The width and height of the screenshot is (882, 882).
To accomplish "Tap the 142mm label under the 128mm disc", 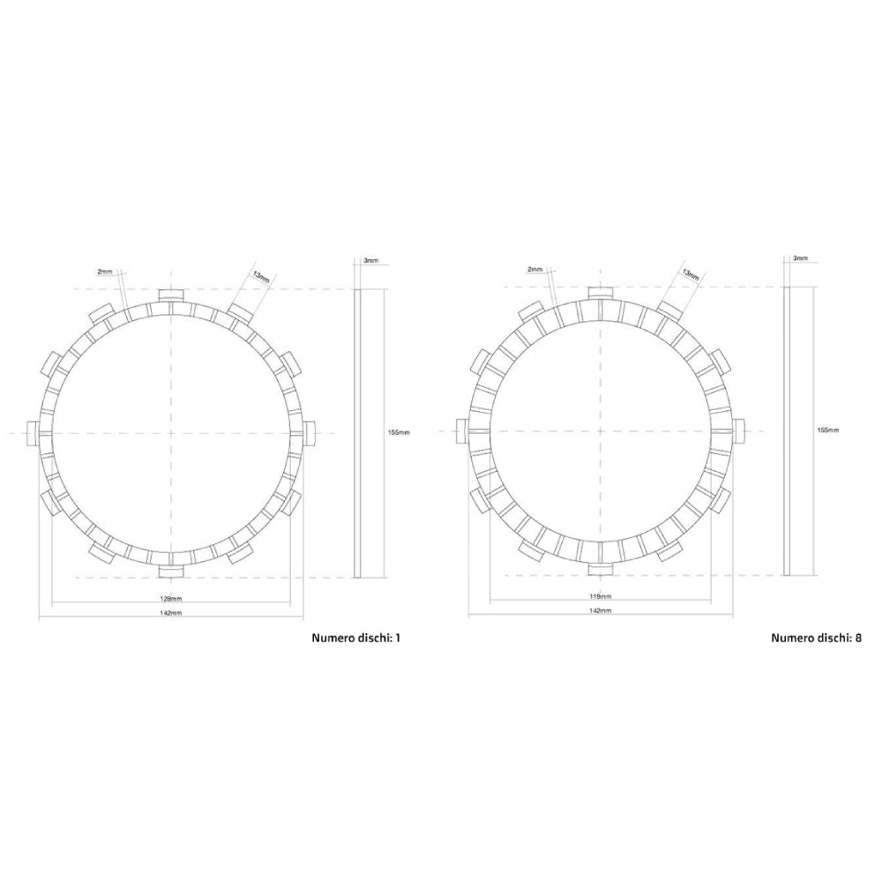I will (171, 612).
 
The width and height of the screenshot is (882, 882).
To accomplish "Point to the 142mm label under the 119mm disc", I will (600, 610).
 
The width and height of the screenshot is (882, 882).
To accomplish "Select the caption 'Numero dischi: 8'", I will (817, 637).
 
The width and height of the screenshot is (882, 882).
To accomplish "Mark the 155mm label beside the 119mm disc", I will (827, 430).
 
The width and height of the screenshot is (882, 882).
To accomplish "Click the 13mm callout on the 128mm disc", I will (262, 276).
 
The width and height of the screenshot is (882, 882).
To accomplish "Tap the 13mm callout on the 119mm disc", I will (691, 275).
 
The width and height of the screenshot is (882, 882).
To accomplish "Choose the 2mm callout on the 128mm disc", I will (106, 273).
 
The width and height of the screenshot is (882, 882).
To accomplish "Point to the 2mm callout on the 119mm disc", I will (534, 268).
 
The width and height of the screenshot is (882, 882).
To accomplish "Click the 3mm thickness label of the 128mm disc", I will (371, 261).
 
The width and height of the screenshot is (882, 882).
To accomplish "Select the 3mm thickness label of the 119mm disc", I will (800, 258).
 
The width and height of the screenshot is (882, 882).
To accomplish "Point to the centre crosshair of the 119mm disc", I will (600, 430).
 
